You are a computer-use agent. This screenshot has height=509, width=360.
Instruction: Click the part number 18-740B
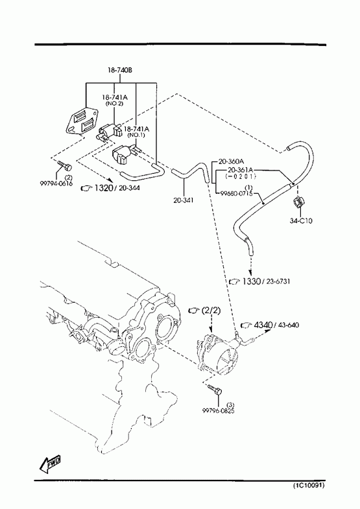click(120, 70)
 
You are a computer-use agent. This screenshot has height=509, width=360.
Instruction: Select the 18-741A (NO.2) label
click(114, 100)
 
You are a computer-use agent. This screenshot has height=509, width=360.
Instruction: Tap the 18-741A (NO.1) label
click(136, 131)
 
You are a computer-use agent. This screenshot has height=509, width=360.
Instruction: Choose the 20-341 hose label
click(184, 200)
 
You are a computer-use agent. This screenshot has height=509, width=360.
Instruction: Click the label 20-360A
click(231, 161)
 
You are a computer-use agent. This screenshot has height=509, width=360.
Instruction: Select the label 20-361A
click(241, 170)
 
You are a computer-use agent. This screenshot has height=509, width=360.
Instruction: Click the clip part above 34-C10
click(298, 203)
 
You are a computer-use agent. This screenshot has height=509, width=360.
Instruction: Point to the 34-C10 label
click(301, 220)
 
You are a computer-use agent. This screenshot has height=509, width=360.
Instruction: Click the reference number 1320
click(102, 187)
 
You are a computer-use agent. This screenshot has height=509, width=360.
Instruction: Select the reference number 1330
click(251, 281)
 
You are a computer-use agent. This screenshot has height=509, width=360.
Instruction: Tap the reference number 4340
click(263, 325)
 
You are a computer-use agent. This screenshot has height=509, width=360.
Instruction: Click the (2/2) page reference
click(211, 311)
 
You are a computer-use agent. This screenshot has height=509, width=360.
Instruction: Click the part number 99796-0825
click(219, 410)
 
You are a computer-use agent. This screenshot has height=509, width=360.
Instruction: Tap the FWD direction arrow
click(51, 463)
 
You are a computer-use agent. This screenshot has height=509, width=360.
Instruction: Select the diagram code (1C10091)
click(309, 486)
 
